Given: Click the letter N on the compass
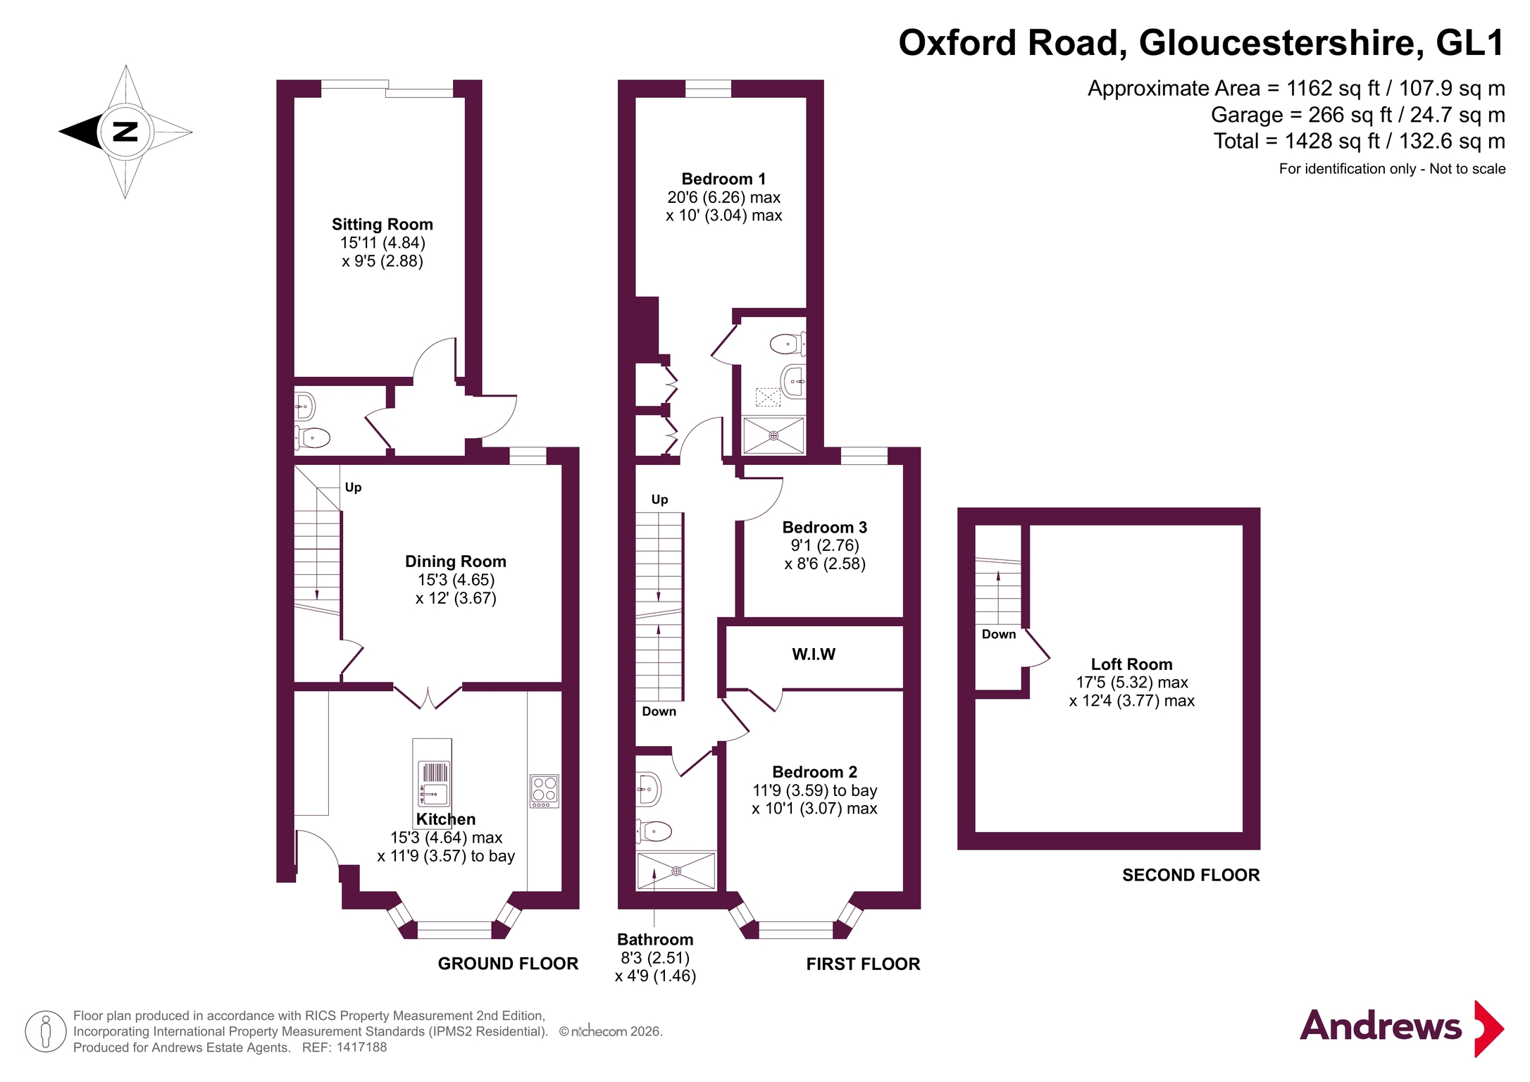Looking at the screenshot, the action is pyautogui.click(x=125, y=132).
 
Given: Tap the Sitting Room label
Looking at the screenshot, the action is pyautogui.click(x=382, y=225).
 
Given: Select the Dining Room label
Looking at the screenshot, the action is pyautogui.click(x=456, y=561).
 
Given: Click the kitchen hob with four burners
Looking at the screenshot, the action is pyautogui.click(x=545, y=791).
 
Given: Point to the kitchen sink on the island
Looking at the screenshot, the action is pyautogui.click(x=433, y=783).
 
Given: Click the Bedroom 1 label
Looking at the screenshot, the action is pyautogui.click(x=723, y=179).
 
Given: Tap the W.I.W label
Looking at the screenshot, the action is pyautogui.click(x=814, y=654).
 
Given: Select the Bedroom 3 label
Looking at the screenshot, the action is pyautogui.click(x=825, y=528).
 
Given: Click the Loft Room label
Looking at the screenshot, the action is pyautogui.click(x=1132, y=664).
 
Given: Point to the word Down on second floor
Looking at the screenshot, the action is pyautogui.click(x=999, y=634).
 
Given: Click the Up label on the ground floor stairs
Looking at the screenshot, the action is pyautogui.click(x=353, y=487).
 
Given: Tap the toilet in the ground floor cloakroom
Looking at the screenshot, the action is pyautogui.click(x=312, y=438).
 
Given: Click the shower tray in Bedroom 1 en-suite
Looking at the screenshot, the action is pyautogui.click(x=773, y=435).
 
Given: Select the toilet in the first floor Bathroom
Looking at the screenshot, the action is pyautogui.click(x=654, y=832).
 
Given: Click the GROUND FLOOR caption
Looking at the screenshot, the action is pyautogui.click(x=508, y=964).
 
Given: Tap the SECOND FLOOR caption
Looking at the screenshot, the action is pyautogui.click(x=1191, y=875).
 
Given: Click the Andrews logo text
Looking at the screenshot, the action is pyautogui.click(x=1381, y=1026).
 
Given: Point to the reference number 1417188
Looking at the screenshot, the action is pyautogui.click(x=361, y=1047).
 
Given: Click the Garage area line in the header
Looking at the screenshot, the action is pyautogui.click(x=1358, y=115).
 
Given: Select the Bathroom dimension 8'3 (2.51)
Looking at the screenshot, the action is pyautogui.click(x=655, y=958).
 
